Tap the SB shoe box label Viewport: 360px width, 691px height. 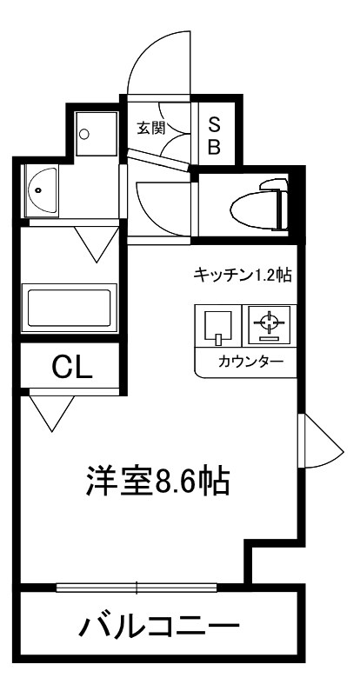pos(213,135)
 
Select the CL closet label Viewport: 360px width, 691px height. pos(72,367)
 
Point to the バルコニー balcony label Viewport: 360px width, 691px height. pos(161,625)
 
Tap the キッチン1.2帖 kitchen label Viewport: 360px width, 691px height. pos(241,276)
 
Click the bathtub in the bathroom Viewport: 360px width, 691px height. pos(73,309)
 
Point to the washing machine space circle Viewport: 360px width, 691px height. pos(84,134)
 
